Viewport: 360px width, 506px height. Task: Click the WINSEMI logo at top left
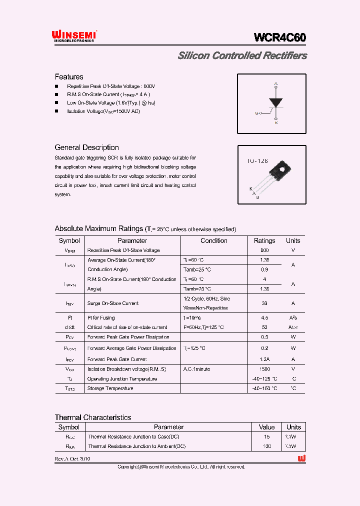coord(74,35)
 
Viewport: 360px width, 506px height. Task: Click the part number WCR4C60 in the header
coord(279,37)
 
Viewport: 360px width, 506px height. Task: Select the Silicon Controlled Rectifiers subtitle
coord(242,56)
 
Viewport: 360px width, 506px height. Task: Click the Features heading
coord(69,77)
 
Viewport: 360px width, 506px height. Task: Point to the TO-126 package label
coord(257,161)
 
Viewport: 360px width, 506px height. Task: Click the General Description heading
coord(86,147)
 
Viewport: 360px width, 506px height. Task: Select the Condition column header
coord(214,240)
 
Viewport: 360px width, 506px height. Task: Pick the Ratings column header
coord(264,240)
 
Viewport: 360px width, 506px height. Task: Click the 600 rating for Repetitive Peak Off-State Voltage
coord(264,250)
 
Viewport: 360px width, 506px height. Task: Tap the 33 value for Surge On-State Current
coord(264,303)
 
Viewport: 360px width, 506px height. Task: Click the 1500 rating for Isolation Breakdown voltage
coord(264,369)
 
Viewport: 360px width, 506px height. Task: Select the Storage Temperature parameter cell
coord(110,388)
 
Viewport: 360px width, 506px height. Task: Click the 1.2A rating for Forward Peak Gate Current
coord(264,359)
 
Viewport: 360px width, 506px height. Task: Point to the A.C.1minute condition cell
coord(197,369)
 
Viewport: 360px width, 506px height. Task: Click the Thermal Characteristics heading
coord(93,417)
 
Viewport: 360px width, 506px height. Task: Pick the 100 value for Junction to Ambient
coord(266,446)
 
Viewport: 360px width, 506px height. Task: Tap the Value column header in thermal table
coord(266,427)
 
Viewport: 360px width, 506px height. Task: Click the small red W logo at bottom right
coord(301,458)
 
